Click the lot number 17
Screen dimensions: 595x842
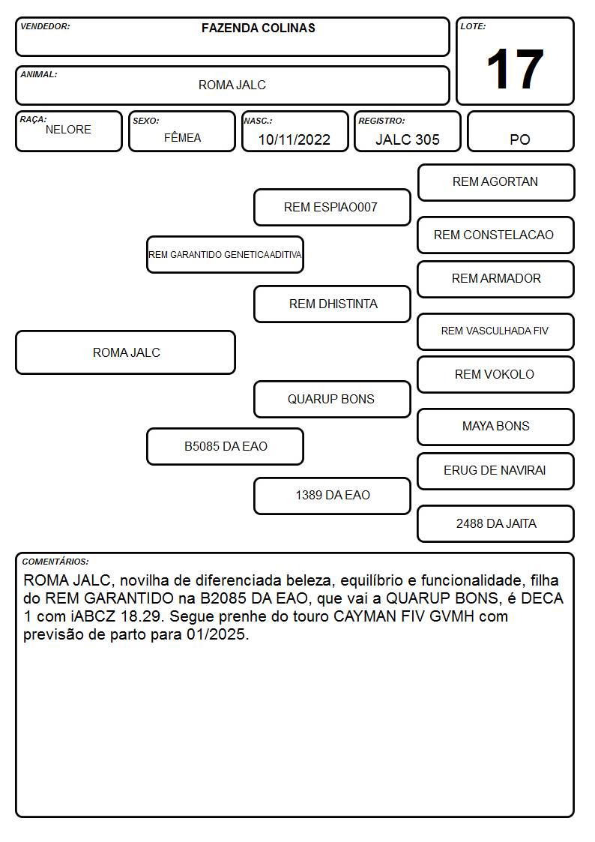coord(515,69)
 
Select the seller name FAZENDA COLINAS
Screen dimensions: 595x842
coord(258,28)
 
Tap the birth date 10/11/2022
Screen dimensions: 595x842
coord(294,139)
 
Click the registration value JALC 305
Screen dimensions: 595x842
coord(407,139)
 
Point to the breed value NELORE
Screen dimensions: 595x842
coord(68,130)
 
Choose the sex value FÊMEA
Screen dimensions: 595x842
coord(182,137)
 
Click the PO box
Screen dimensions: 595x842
coord(520,131)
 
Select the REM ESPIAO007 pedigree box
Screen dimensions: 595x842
coord(332,207)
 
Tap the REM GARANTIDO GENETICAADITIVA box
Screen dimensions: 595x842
coord(226,254)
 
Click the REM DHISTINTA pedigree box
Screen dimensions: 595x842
coord(332,304)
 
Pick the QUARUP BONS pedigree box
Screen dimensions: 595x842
coord(332,399)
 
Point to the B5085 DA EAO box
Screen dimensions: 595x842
coord(226,446)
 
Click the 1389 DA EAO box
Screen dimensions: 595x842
coord(332,496)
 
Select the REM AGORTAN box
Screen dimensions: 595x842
coord(496,183)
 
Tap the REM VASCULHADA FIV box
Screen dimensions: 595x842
coord(496,331)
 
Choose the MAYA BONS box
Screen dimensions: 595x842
coord(496,427)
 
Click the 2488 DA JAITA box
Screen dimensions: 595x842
coord(496,523)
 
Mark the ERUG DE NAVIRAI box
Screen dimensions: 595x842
coord(496,471)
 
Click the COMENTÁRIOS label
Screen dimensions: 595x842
coord(55,562)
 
